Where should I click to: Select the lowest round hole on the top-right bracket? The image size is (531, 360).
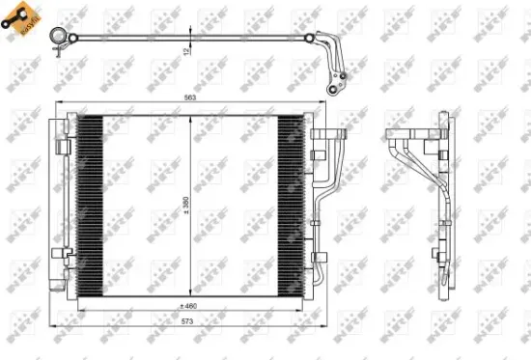337,89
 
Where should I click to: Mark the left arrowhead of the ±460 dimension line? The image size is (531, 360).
78,306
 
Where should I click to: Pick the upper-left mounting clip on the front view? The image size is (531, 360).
62,145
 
